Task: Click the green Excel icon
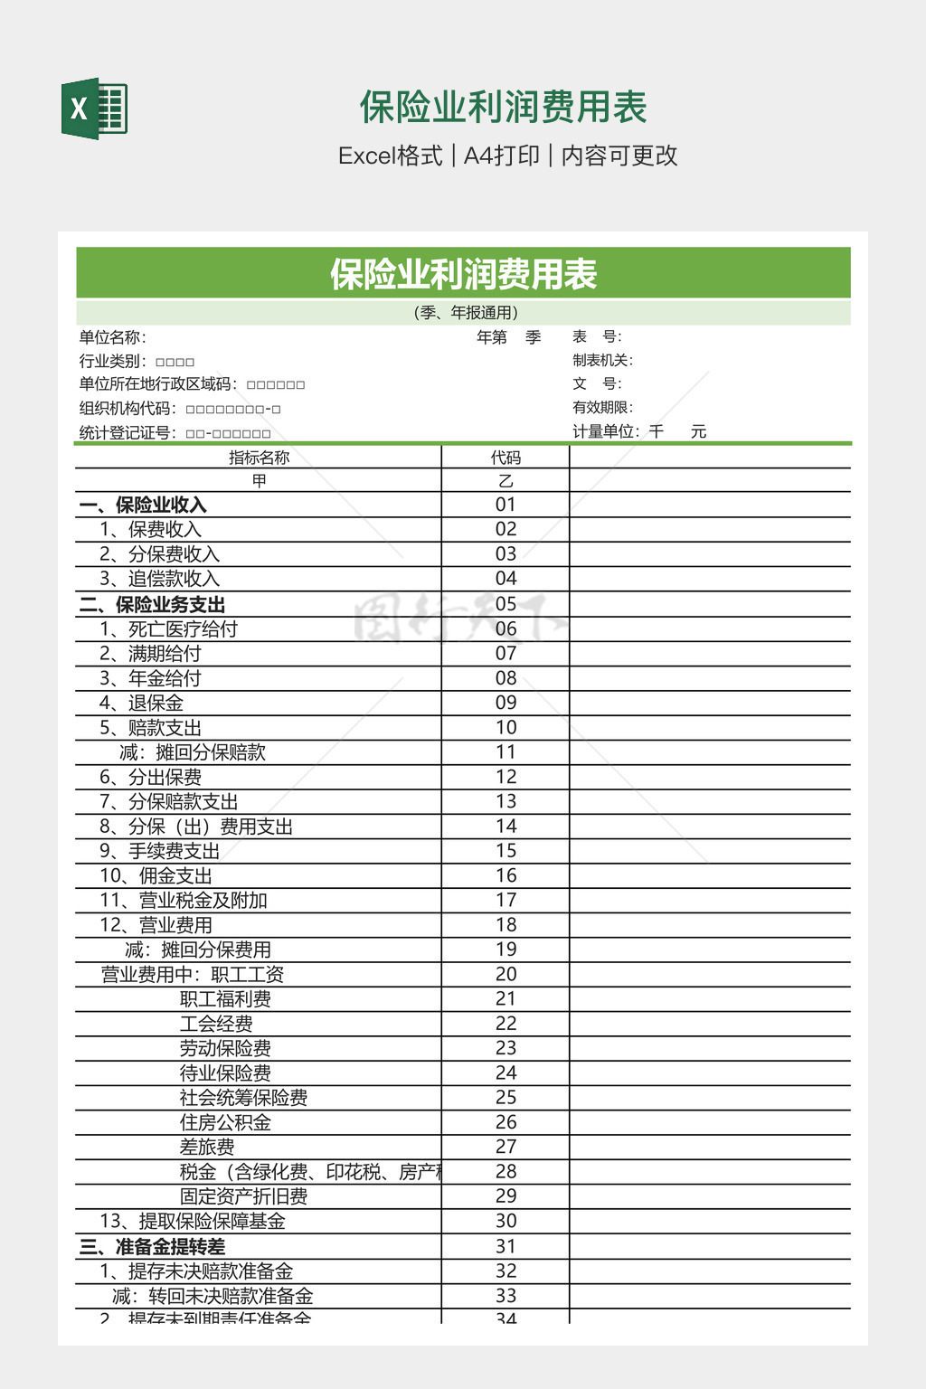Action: click(94, 109)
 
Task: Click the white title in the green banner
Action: click(463, 274)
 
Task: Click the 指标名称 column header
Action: click(259, 458)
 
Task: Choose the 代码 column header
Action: click(506, 458)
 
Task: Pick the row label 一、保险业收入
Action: click(143, 505)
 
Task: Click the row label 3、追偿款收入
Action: click(159, 579)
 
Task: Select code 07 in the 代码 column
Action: click(506, 653)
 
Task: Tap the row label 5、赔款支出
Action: click(150, 728)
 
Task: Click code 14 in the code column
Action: click(506, 826)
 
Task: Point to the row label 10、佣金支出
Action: click(156, 875)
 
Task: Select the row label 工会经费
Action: click(216, 1024)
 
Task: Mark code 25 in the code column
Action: click(506, 1097)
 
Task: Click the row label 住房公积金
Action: click(225, 1122)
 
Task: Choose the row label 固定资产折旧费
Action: click(243, 1196)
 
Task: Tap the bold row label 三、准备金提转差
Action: click(152, 1246)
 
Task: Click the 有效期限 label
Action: click(602, 408)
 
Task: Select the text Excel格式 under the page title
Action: click(391, 156)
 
